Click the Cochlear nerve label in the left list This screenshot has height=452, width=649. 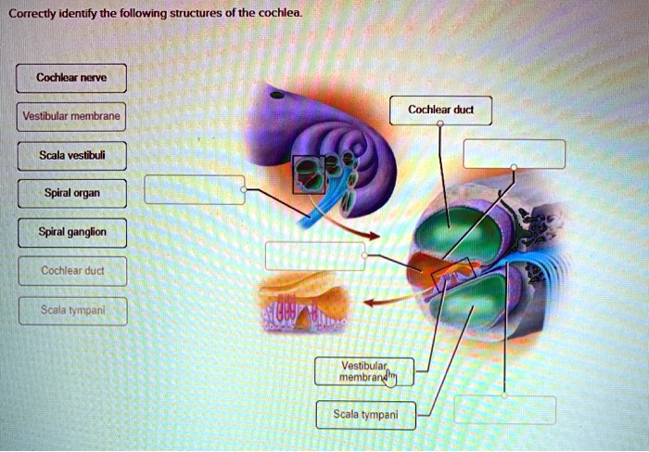[70, 78]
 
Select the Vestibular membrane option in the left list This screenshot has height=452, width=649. [70, 118]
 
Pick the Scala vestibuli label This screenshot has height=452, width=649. [70, 156]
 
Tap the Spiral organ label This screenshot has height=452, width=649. [70, 195]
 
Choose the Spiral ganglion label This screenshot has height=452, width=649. [70, 233]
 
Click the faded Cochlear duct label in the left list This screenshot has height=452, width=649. [70, 271]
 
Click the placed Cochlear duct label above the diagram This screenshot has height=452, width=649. [440, 110]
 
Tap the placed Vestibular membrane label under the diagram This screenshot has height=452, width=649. [364, 371]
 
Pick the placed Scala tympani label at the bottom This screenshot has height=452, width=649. [365, 414]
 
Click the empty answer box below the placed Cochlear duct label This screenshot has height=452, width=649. [514, 153]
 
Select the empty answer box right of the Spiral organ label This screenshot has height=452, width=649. [194, 188]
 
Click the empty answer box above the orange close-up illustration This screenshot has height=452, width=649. [315, 255]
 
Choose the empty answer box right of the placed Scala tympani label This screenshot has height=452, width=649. [504, 409]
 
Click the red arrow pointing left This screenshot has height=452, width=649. [380, 302]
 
